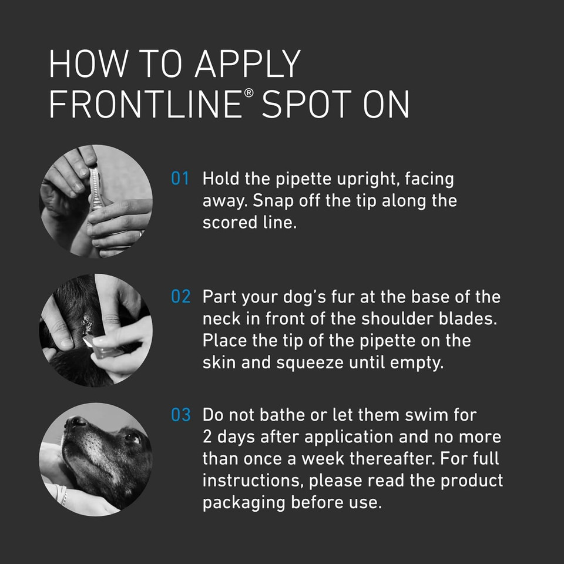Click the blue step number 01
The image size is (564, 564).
180,179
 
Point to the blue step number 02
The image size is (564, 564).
180,297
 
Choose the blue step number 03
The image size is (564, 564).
180,415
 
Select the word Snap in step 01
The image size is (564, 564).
274,202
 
